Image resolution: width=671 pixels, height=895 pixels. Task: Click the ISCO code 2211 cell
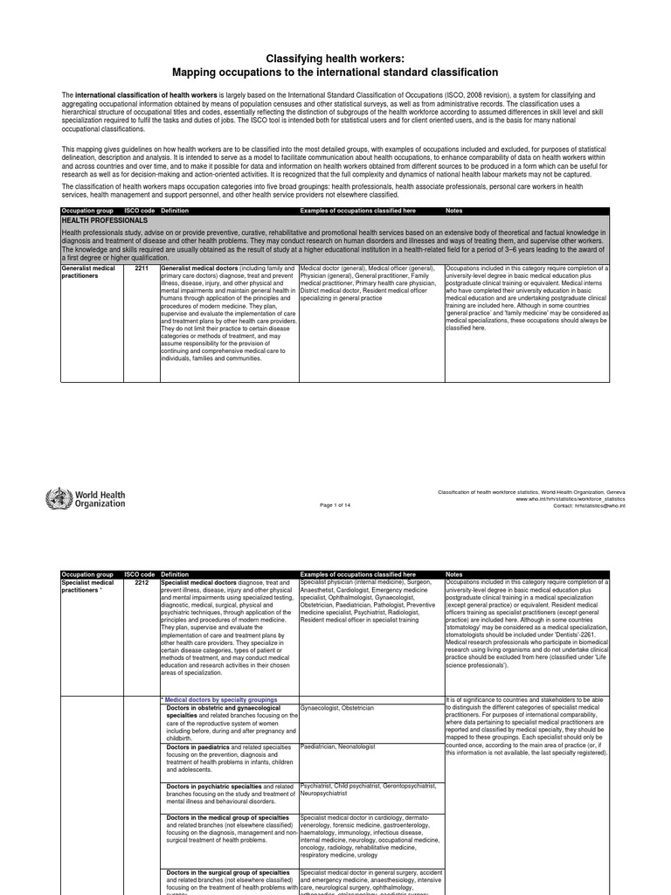pos(141,268)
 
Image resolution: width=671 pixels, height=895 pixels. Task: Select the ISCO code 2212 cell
pos(141,582)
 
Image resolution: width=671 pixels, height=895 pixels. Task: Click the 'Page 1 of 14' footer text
pos(336,505)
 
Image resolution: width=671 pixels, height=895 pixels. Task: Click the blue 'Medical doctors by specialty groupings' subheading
pos(221,700)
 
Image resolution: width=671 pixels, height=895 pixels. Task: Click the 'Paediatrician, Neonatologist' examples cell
pos(337,746)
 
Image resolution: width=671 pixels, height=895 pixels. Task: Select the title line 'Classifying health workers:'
pos(335,57)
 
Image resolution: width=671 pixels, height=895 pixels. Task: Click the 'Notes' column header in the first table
pos(454,211)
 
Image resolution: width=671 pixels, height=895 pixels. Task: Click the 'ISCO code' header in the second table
pos(140,574)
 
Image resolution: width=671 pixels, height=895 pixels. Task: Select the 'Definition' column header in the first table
pos(175,211)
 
